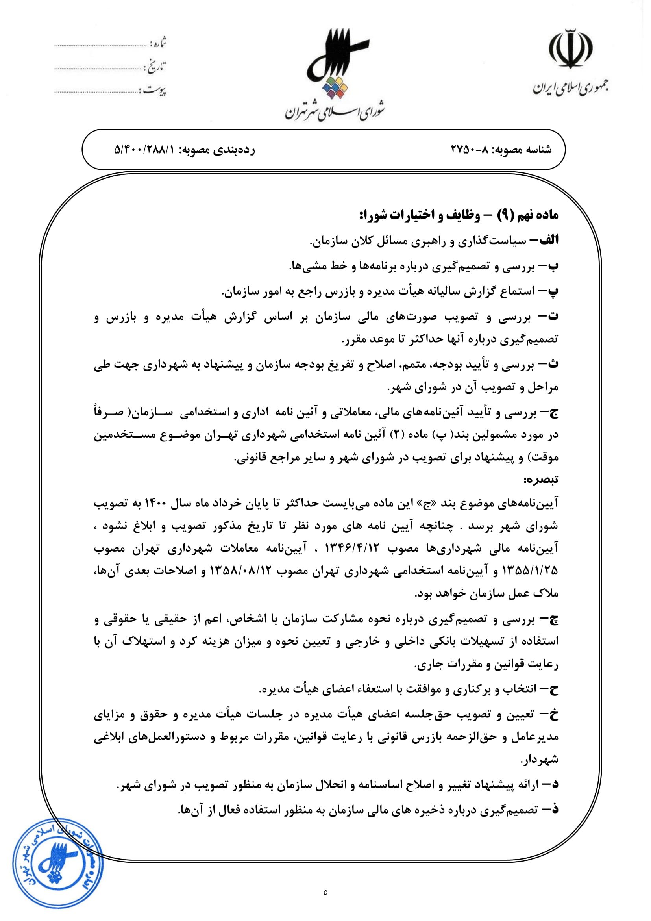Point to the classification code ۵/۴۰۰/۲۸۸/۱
coord(145,150)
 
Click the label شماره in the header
coord(158,43)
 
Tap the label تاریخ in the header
coord(156,67)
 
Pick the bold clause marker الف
coord(547,240)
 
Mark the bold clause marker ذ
coord(554,810)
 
